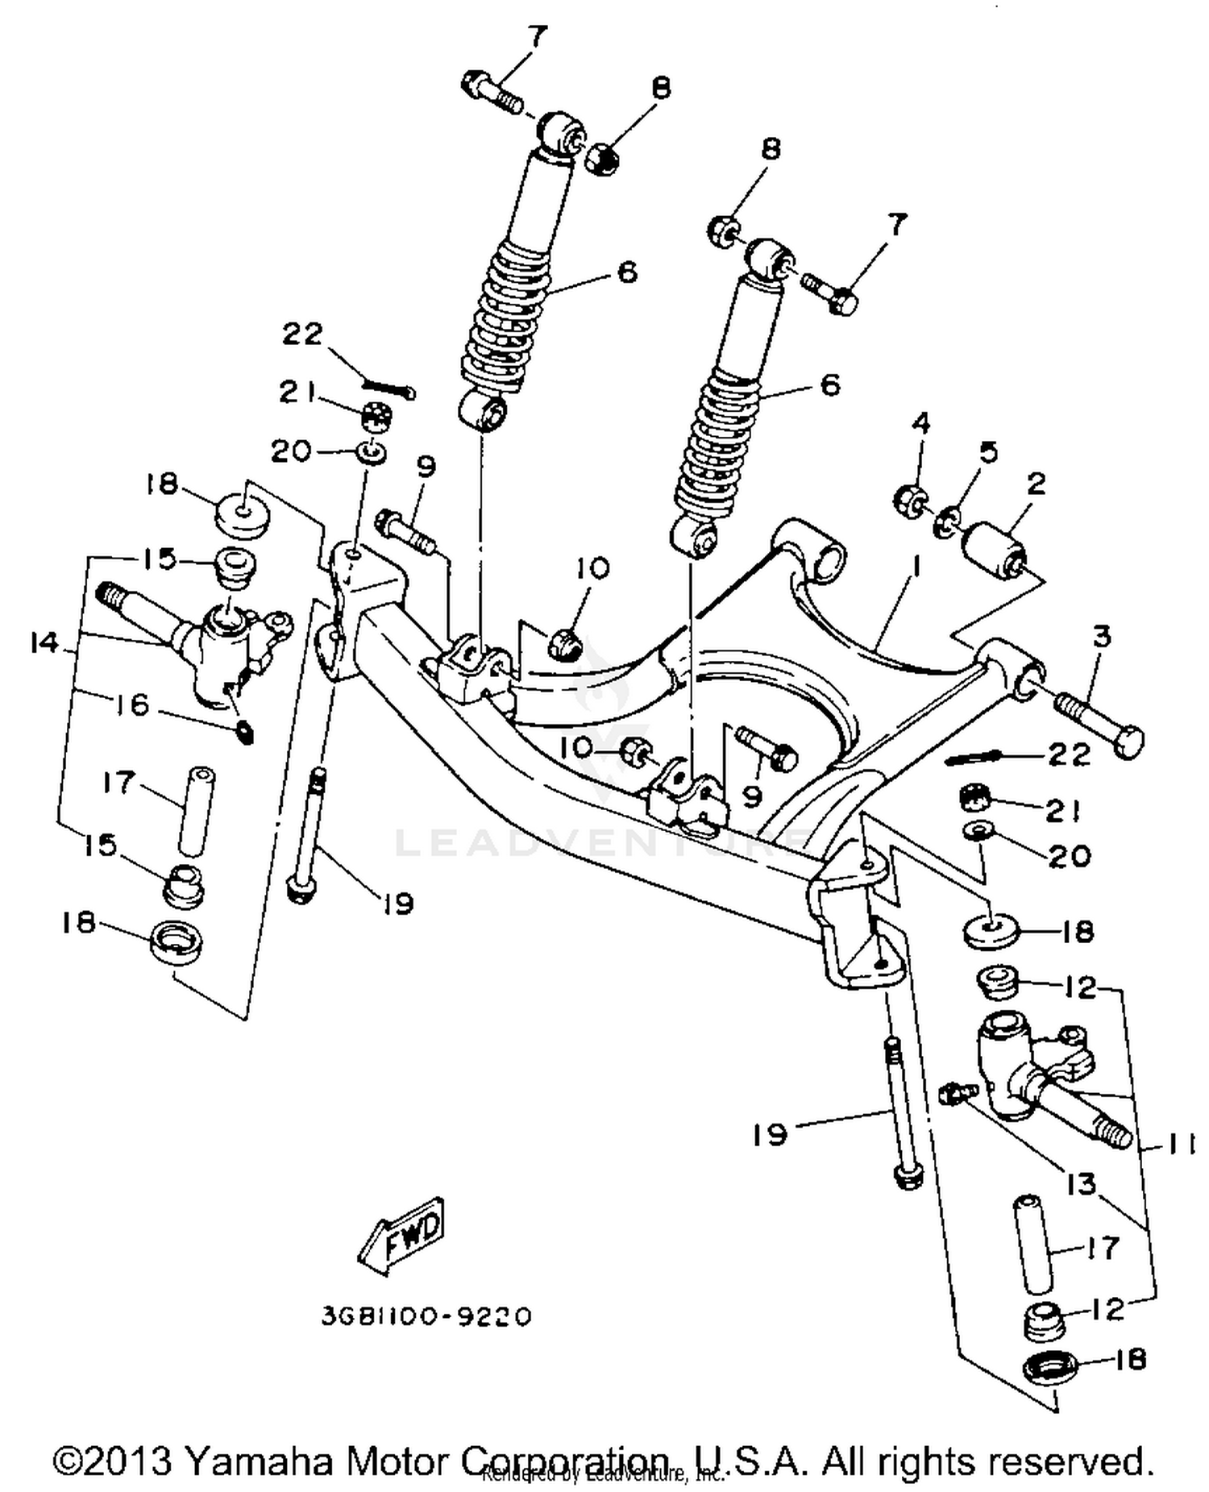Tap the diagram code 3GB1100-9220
pyautogui.click(x=426, y=1316)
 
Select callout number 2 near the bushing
pyautogui.click(x=1035, y=484)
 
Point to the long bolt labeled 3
pyautogui.click(x=1098, y=717)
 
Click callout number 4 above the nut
pyautogui.click(x=920, y=422)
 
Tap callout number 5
pyautogui.click(x=987, y=451)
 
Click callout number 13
pyautogui.click(x=1080, y=1184)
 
